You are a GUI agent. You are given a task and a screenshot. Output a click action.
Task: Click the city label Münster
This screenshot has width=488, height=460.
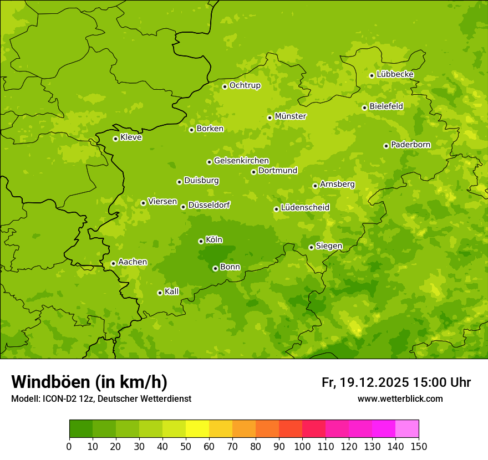pyautogui.click(x=291, y=116)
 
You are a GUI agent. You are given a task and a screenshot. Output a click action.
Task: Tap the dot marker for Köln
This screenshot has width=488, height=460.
pyautogui.click(x=201, y=241)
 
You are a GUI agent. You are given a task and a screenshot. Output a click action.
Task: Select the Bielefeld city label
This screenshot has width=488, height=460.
pyautogui.click(x=386, y=106)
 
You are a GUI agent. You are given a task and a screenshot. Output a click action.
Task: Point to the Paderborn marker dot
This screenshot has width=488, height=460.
pyautogui.click(x=386, y=146)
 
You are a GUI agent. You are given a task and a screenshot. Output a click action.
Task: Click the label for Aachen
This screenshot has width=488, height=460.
pyautogui.click(x=133, y=262)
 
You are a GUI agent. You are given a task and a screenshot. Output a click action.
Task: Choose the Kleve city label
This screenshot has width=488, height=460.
pyautogui.click(x=131, y=137)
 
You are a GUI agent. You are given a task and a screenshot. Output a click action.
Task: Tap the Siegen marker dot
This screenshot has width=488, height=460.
pyautogui.click(x=311, y=247)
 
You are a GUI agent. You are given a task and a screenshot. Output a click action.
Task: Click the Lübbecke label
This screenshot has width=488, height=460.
pyautogui.click(x=395, y=74)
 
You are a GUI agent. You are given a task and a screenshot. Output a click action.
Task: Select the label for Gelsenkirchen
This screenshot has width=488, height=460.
pyautogui.click(x=241, y=161)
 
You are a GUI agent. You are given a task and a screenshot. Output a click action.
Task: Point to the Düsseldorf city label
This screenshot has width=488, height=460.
pyautogui.click(x=209, y=205)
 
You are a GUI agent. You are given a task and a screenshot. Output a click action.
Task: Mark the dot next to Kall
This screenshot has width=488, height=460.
pyautogui.click(x=160, y=293)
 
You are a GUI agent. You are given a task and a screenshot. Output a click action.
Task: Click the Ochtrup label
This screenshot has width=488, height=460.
pyautogui.click(x=245, y=85)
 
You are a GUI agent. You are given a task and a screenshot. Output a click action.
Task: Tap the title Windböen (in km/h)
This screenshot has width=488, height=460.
pyautogui.click(x=89, y=382)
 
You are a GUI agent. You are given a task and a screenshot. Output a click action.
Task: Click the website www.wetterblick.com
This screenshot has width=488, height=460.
pyautogui.click(x=400, y=398)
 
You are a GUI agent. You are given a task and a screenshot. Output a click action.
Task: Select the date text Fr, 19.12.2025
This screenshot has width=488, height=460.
pyautogui.click(x=365, y=382)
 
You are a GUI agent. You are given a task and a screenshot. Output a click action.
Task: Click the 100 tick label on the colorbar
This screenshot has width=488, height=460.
pyautogui.click(x=302, y=446)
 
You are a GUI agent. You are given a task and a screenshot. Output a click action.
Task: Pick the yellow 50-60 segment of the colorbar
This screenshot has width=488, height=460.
pyautogui.click(x=197, y=429)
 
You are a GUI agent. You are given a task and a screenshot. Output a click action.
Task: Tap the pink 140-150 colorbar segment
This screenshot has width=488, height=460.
pyautogui.click(x=407, y=429)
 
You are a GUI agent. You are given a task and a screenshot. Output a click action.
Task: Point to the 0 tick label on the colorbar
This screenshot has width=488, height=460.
pyautogui.click(x=69, y=446)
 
